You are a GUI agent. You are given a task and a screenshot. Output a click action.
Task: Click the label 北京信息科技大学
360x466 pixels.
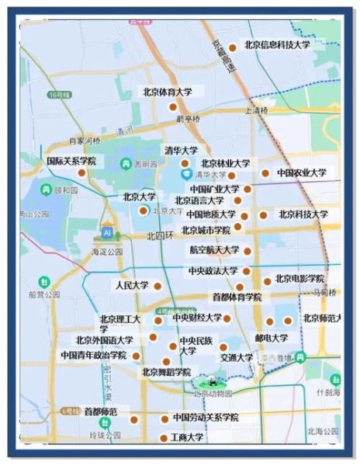click(277, 46)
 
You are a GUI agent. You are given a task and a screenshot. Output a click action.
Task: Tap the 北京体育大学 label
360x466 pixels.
click(167, 92)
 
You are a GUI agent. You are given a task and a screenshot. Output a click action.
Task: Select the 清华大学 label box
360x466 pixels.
click(181, 150)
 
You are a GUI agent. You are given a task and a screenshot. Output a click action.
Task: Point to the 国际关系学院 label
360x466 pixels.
click(71, 162)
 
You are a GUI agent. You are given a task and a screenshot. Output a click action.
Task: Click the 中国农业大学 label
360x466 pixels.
click(302, 173)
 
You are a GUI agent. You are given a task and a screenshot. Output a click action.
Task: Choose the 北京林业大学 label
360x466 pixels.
click(225, 164)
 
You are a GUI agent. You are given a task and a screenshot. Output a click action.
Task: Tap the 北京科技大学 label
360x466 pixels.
click(303, 214)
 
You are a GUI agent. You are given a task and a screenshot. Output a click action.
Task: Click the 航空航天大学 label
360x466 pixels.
click(214, 251)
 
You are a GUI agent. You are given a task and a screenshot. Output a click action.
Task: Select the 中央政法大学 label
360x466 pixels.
click(213, 271)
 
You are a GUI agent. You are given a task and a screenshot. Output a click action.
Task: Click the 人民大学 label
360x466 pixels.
click(131, 286)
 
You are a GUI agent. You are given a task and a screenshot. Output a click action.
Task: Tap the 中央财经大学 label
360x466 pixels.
click(197, 318)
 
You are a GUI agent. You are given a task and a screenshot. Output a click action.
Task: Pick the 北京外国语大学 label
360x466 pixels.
click(104, 340)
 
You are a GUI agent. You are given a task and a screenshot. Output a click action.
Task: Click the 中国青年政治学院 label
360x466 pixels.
click(93, 355)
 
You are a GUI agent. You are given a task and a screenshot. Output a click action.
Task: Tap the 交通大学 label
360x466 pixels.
click(236, 358)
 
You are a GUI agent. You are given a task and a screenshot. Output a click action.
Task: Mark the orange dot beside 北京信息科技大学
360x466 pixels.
click(232, 48)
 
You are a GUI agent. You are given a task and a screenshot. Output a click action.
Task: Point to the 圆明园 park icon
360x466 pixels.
click(126, 164)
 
